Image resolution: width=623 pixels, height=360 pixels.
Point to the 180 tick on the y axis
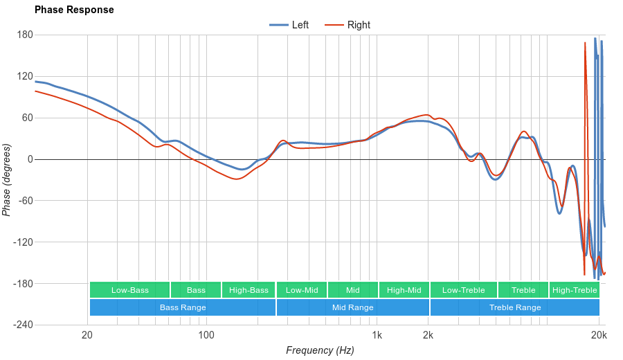click(x=25, y=35)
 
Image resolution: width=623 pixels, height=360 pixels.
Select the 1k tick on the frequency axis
click(x=377, y=336)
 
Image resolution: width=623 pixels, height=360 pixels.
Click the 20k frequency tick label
click(x=599, y=336)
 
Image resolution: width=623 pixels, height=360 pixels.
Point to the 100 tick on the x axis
click(x=206, y=336)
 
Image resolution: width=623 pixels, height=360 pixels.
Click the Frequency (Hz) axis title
click(x=320, y=350)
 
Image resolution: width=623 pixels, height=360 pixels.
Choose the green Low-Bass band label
click(x=129, y=290)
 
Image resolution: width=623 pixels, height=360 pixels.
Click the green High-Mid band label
click(x=404, y=290)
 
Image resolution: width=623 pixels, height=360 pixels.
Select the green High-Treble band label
click(x=574, y=290)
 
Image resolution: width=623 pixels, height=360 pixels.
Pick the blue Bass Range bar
click(x=183, y=307)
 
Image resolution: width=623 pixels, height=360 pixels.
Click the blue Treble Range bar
click(x=515, y=307)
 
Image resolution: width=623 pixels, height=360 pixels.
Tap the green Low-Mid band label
click(x=302, y=290)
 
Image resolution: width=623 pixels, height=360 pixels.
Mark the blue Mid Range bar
click(x=352, y=307)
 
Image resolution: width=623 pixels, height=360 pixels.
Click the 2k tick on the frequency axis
click(x=428, y=336)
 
